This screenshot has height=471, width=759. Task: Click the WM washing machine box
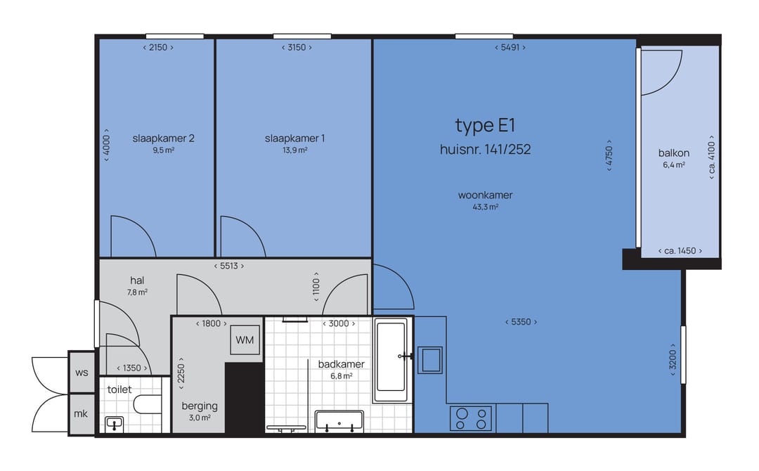245,340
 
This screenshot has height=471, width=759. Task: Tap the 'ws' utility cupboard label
82,373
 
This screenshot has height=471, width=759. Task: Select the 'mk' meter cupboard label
81,413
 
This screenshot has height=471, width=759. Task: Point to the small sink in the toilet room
115,424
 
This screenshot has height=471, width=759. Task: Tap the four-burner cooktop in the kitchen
471,419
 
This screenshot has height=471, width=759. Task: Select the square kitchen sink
430,360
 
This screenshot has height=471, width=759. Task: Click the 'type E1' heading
485,126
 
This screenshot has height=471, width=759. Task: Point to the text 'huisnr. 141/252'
485,149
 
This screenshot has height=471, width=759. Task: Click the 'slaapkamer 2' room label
164,138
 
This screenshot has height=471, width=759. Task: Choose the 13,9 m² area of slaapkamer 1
295,150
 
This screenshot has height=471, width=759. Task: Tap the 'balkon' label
674,153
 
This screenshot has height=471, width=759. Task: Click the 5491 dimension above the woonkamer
510,47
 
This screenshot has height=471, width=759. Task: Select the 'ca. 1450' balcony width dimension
680,251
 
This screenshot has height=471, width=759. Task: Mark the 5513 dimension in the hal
229,266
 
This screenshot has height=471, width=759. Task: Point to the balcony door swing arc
673,82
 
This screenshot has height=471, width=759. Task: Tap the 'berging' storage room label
200,406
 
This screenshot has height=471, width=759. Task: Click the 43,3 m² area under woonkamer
486,207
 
